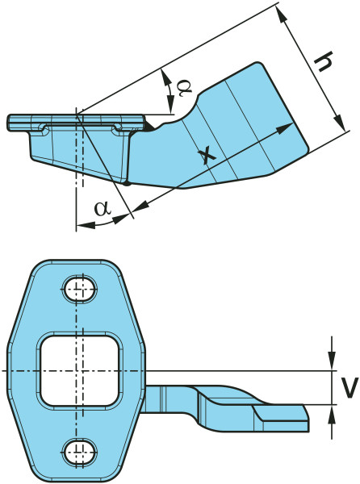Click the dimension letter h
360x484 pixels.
pos(323,61)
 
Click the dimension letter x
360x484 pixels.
pos(207,155)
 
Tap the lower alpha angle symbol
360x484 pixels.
pos(103,208)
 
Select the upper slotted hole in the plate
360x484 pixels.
pos(80,290)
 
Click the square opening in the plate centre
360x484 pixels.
pos(80,371)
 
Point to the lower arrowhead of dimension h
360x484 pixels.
pos(340,122)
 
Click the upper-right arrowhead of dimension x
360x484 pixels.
pos(284,127)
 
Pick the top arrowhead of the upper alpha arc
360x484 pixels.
pos(167,77)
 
